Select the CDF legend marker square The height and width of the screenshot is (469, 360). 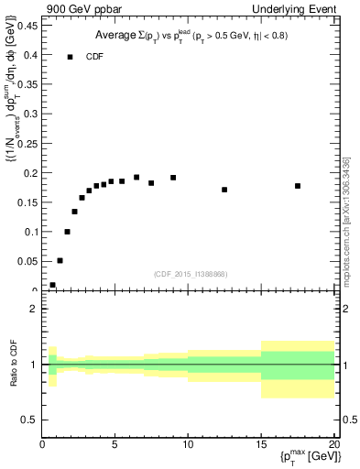pos(70,57)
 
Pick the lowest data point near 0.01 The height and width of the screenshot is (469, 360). pos(52,285)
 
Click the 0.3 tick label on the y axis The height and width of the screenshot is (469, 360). pos(29,114)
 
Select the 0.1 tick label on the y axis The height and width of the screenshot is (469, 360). pos(29,232)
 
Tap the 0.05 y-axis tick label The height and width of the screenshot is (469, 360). pos(27,261)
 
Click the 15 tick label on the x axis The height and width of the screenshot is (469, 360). pos(262,446)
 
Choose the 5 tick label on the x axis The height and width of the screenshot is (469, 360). pos(115,446)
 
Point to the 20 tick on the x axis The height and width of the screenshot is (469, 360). pos(334,446)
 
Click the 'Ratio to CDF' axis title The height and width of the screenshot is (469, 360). pos(14,365)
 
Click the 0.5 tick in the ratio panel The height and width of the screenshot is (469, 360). pos(29,420)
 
